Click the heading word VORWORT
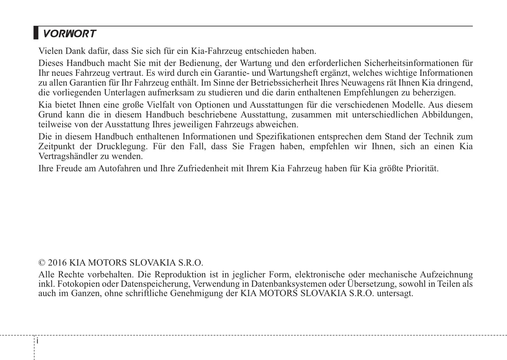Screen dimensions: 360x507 click(69, 34)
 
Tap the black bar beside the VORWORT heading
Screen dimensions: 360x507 click(36, 33)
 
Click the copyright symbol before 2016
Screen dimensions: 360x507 click(42, 263)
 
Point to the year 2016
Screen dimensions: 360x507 click(57, 263)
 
